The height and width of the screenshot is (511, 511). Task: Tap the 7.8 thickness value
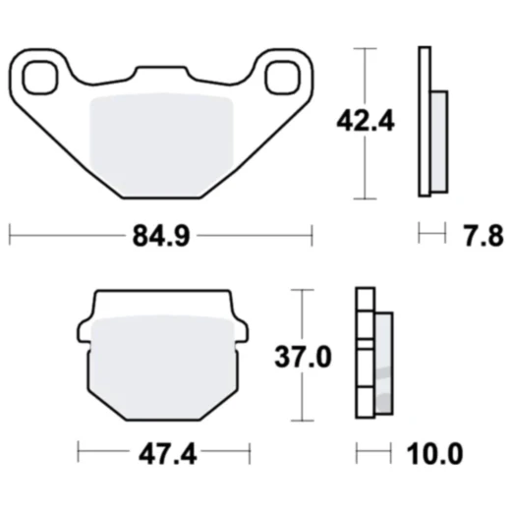point(482,236)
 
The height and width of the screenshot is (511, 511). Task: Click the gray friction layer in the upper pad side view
point(437,142)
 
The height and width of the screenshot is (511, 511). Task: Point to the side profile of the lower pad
point(374,354)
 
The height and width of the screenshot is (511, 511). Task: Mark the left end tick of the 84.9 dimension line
point(9,236)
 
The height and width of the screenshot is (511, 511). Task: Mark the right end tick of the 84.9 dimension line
point(312,236)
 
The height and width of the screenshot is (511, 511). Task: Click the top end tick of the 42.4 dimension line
point(366,47)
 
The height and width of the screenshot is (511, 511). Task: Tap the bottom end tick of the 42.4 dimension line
point(366,198)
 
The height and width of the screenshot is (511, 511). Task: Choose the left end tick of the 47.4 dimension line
point(78,456)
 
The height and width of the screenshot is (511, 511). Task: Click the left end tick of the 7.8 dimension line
point(420,236)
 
